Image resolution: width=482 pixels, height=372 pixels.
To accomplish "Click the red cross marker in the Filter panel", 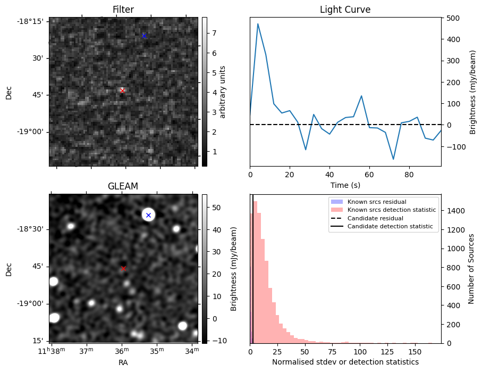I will pyautogui.click(x=122, y=90).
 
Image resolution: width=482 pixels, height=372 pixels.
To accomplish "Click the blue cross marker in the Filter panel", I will pyautogui.click(x=143, y=36).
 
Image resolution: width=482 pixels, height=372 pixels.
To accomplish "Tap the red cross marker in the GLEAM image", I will pyautogui.click(x=123, y=268).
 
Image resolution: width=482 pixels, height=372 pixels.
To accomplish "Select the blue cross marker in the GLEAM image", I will pyautogui.click(x=148, y=215).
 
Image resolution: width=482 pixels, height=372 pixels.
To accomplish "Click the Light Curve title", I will pyautogui.click(x=345, y=10).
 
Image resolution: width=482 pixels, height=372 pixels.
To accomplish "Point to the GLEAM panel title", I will pyautogui.click(x=123, y=186).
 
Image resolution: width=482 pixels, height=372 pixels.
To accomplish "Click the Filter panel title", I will pyautogui.click(x=123, y=10).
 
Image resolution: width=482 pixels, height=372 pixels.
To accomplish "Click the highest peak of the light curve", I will pyautogui.click(x=258, y=23).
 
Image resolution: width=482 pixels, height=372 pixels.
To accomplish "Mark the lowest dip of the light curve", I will pyautogui.click(x=393, y=159).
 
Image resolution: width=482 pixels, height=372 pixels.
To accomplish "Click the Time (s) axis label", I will pyautogui.click(x=345, y=184).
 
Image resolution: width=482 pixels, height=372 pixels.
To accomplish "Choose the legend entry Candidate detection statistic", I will pyautogui.click(x=390, y=227).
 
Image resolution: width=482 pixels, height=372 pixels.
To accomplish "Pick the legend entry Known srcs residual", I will pyautogui.click(x=377, y=202).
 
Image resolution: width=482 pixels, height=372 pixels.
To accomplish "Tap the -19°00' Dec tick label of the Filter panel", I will pyautogui.click(x=32, y=132).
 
